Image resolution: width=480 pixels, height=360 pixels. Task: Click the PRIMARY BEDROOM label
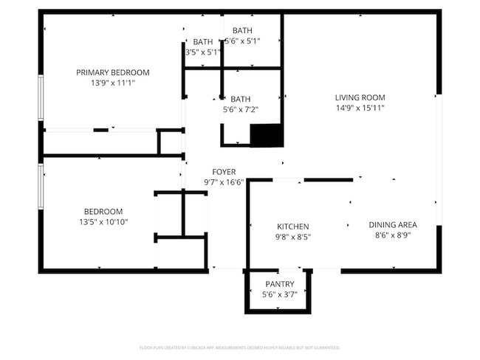[x=113, y=72]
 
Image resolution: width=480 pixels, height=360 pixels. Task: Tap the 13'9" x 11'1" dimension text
[x=113, y=83]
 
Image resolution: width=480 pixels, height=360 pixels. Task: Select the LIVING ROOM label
[x=360, y=97]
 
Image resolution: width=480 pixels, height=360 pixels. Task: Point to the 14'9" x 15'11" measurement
[x=360, y=108]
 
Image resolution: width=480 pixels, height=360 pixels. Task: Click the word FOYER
[x=224, y=171]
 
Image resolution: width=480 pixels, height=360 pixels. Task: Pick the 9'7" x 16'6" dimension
[x=224, y=181]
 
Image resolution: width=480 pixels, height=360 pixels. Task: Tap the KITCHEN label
[x=292, y=226]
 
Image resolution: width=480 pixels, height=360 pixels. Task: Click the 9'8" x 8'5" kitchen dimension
[x=292, y=237]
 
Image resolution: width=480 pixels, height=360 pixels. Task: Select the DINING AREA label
[x=393, y=225]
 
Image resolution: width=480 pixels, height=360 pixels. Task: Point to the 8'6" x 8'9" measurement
[x=393, y=236]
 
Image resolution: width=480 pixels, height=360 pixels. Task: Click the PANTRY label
[x=280, y=284]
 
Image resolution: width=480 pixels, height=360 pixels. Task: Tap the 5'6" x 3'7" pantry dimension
[x=280, y=294]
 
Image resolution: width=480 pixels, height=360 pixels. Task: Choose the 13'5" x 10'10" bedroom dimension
[x=103, y=221]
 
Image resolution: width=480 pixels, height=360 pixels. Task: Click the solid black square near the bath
[x=267, y=136]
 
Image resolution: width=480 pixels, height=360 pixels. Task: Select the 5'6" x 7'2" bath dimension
[x=241, y=109]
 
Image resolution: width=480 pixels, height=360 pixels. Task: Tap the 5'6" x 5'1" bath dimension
[x=241, y=41]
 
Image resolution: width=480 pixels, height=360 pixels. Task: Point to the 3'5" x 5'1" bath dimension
[x=202, y=52]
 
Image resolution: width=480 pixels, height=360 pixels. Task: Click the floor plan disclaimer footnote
[x=240, y=347]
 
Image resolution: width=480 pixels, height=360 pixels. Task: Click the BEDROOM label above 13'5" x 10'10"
[x=103, y=211]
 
